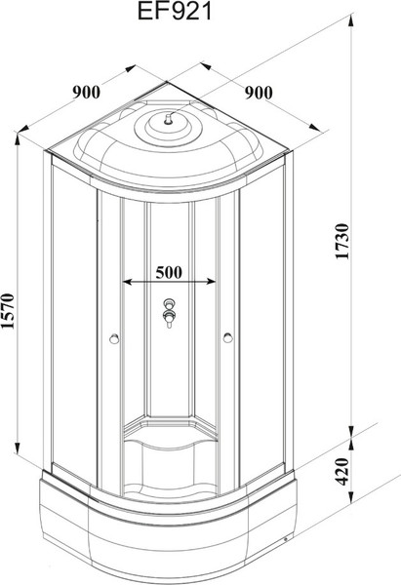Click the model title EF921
coord(175,11)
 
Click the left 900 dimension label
coord(86,93)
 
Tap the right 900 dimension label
coord(259,93)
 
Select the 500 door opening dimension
coord(169,272)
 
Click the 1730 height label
coord(342,242)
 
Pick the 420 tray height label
coord(342,472)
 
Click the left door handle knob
coord(114,338)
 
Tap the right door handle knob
coord(227,338)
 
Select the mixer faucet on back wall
coord(169,313)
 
